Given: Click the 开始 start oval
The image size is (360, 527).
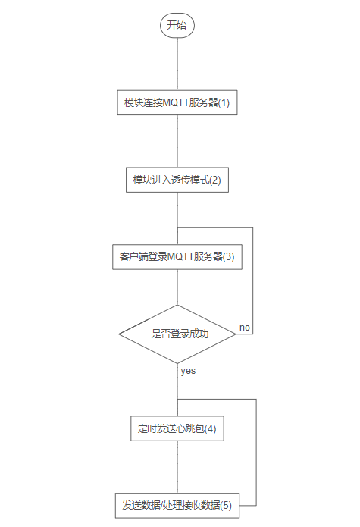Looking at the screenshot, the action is click(177, 25).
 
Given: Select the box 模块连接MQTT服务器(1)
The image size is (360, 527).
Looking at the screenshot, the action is click(177, 102).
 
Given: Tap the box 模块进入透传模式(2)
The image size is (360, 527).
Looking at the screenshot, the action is click(177, 180).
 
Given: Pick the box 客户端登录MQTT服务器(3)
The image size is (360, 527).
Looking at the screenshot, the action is click(177, 257).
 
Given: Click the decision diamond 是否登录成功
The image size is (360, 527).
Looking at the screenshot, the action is click(177, 334).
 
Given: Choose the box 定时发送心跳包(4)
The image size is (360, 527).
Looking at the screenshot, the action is click(177, 428).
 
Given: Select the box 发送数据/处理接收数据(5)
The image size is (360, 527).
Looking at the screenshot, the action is click(177, 506).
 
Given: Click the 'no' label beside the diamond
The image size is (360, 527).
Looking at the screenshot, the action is click(245, 328).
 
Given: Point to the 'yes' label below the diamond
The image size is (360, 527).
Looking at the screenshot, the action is click(188, 371).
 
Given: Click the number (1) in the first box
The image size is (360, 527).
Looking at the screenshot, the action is click(224, 102).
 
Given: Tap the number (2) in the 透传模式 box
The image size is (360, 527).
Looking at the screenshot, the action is click(215, 180).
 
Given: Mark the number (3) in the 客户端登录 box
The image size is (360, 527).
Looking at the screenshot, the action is click(229, 257).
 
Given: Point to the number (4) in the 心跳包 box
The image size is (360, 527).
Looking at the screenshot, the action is click(211, 428).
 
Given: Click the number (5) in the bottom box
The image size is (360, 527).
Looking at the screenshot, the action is click(226, 505).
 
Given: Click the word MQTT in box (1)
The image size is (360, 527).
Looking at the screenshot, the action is click(176, 102).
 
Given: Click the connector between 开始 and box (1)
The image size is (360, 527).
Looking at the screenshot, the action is click(177, 64).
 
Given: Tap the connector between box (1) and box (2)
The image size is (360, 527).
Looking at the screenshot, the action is click(177, 141).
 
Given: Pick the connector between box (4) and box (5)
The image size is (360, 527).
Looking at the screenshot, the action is click(177, 467).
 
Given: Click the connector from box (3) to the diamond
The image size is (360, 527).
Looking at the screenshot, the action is click(177, 287).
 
